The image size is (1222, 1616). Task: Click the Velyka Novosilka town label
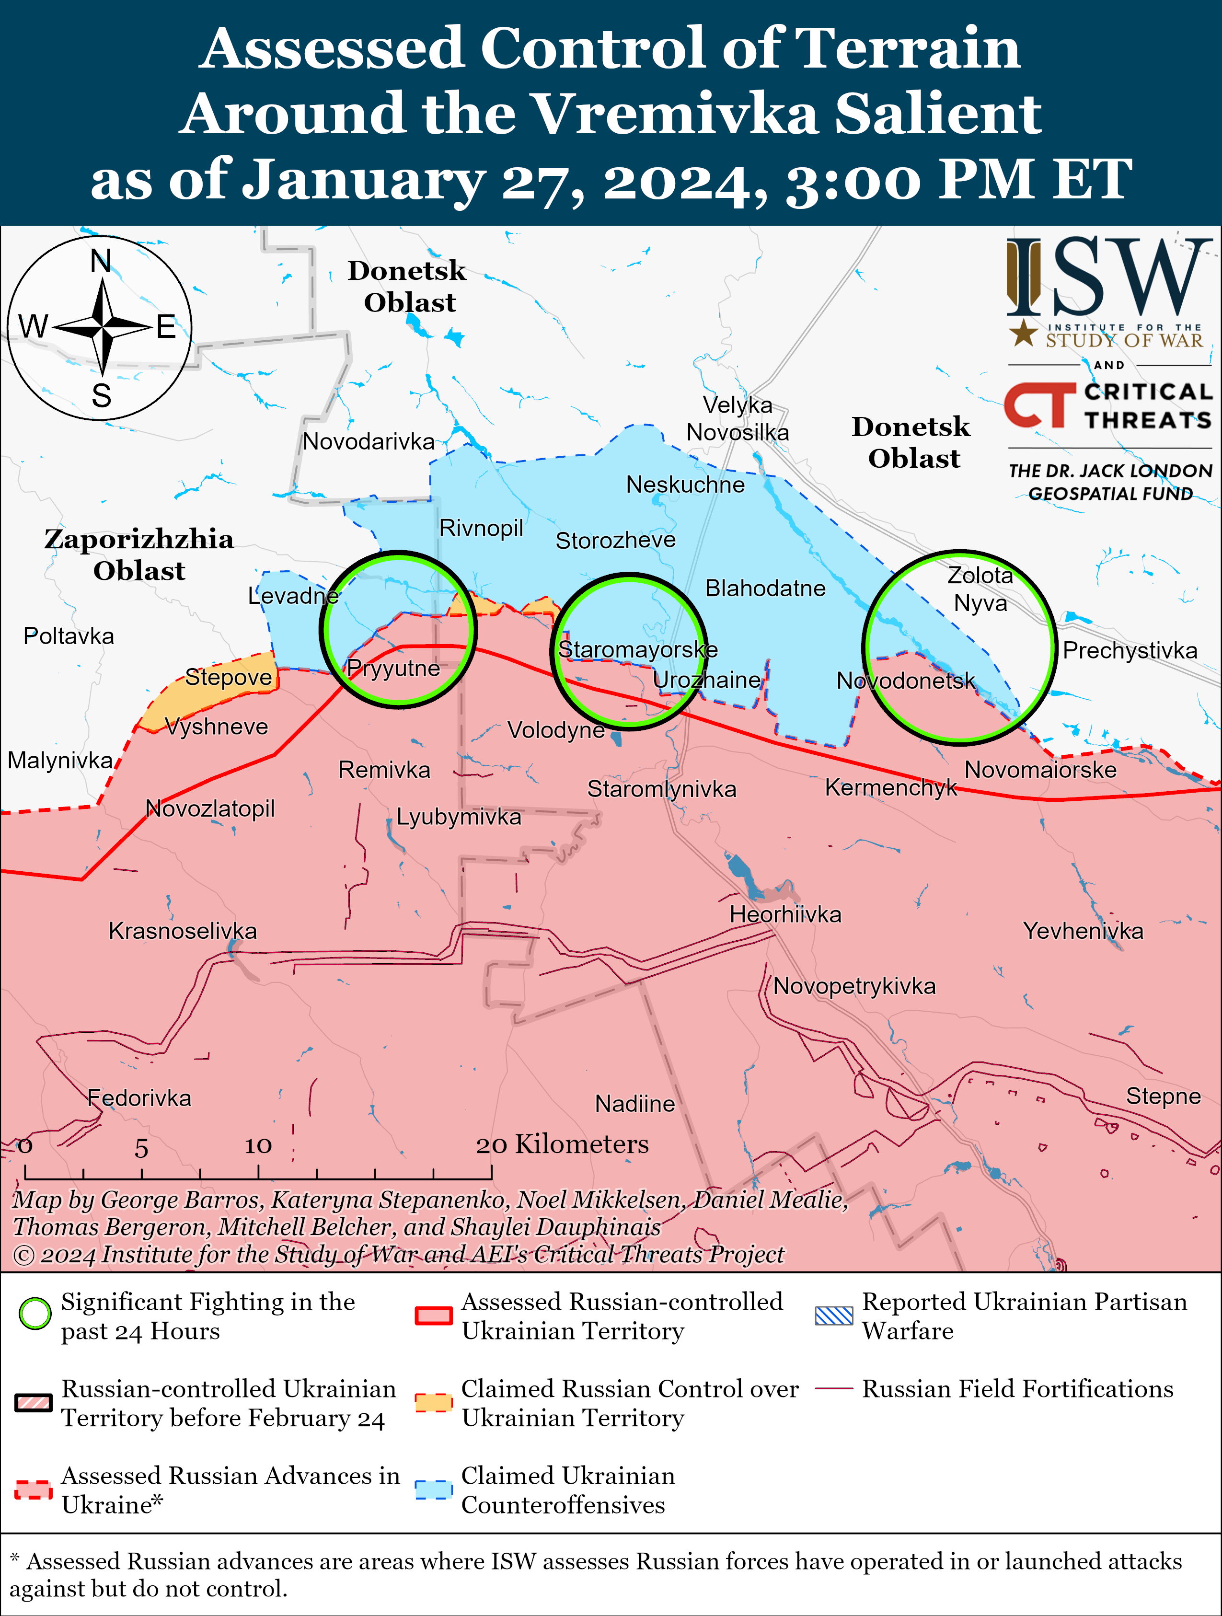[x=738, y=418]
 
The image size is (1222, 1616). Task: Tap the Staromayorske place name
[x=638, y=649]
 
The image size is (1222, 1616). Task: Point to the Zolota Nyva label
[x=980, y=589]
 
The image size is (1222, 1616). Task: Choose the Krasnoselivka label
[x=183, y=931]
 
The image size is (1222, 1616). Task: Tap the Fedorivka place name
[x=139, y=1098]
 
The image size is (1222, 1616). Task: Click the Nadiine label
[x=635, y=1103]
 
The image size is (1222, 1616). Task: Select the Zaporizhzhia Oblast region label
[x=139, y=554]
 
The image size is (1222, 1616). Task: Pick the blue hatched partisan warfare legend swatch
[x=833, y=1316]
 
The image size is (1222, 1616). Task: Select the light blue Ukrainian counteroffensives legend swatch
[x=433, y=1489]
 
